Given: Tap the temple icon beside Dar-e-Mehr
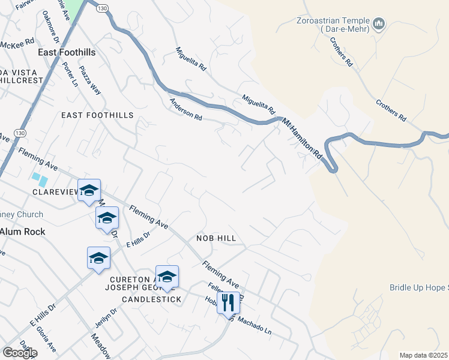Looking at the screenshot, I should (378, 25).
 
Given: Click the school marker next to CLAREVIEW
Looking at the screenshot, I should (89, 191).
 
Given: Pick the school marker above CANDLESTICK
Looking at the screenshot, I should (167, 276).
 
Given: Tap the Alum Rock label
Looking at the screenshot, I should (22, 231).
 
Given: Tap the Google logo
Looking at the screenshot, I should (19, 352).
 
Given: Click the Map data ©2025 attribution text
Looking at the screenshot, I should (424, 355).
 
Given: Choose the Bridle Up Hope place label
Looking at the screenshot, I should (418, 288).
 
